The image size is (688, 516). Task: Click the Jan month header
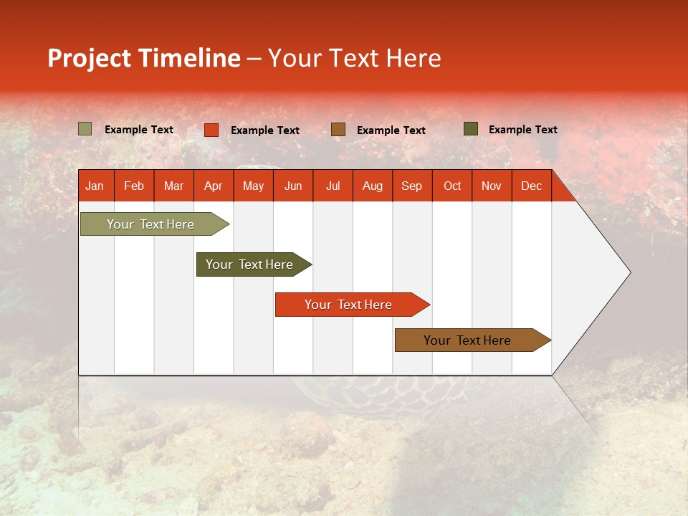95,186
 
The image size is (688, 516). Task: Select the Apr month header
213,186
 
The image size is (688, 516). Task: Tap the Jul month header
333,186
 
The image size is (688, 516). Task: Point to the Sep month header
411,186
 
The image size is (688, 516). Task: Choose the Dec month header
531,186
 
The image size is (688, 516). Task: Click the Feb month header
134,186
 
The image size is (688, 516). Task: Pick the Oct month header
452,186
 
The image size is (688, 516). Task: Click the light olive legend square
85,129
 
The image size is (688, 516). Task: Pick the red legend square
211,130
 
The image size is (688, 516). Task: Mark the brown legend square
338,129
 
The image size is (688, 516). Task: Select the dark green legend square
471,129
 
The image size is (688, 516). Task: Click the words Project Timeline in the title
143,58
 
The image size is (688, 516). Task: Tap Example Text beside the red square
264,130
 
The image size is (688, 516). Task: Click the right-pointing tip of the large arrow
628,272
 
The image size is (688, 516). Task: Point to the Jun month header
293,186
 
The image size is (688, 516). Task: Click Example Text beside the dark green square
522,130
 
